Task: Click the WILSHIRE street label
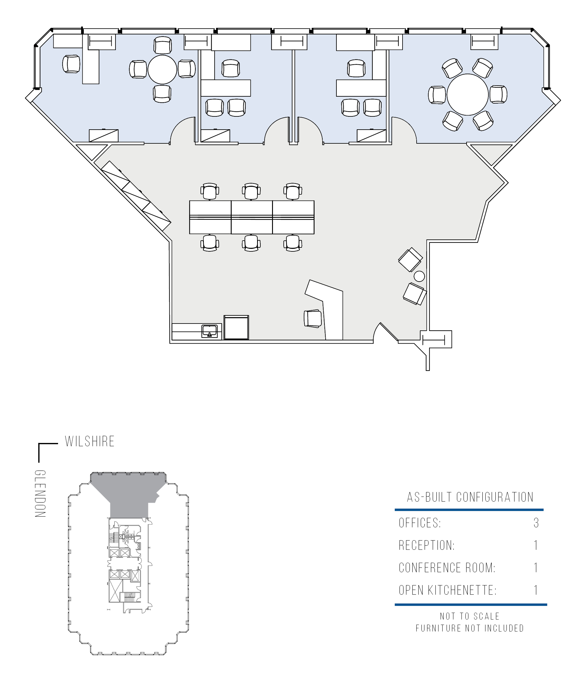point(89,441)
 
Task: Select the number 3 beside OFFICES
point(536,523)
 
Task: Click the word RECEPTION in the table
point(426,546)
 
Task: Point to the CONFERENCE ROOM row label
point(447,568)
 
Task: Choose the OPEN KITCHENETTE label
point(447,590)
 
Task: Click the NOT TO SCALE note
point(470,617)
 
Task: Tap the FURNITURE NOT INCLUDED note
point(470,628)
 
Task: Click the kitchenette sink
point(209,331)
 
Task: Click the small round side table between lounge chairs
point(419,276)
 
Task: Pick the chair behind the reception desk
point(313,318)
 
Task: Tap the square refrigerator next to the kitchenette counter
point(236,327)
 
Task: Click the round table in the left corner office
point(162,69)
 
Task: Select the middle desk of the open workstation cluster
point(252,218)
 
